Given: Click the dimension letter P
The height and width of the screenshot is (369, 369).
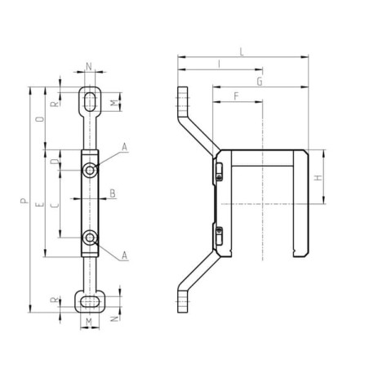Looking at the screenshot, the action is [x=24, y=201].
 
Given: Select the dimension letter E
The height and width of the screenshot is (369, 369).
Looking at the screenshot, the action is [x=40, y=204].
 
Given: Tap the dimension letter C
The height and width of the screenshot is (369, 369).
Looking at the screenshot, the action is [x=56, y=205].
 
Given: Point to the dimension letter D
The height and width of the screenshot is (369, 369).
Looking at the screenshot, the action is [x=56, y=162].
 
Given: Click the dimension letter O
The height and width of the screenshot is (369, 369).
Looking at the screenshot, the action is [x=40, y=119].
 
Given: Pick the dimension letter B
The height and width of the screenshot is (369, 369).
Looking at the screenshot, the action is [x=113, y=193].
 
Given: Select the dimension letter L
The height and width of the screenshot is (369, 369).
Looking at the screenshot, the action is [x=242, y=52].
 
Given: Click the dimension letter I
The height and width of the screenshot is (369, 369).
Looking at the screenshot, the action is [x=220, y=64].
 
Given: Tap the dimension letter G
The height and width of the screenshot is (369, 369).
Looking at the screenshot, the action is [x=260, y=82].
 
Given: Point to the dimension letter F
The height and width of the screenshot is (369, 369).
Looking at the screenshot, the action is [x=236, y=96].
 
